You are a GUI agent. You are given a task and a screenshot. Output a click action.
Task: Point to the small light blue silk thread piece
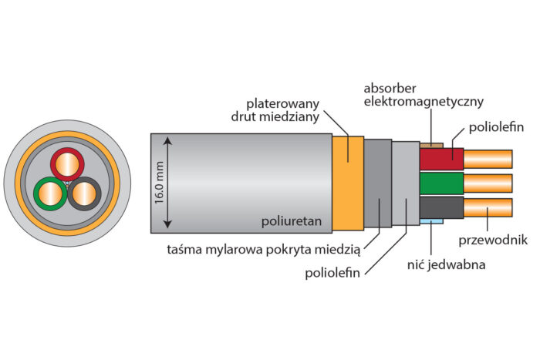click(x=431, y=222)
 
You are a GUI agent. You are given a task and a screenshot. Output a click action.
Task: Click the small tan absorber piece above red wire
click(x=431, y=144)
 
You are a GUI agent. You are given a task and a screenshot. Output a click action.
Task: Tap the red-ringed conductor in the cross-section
click(x=68, y=164)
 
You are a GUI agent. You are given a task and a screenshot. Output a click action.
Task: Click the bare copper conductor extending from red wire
click(x=488, y=159)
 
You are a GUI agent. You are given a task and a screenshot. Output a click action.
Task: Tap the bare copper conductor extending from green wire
click(x=488, y=183)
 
